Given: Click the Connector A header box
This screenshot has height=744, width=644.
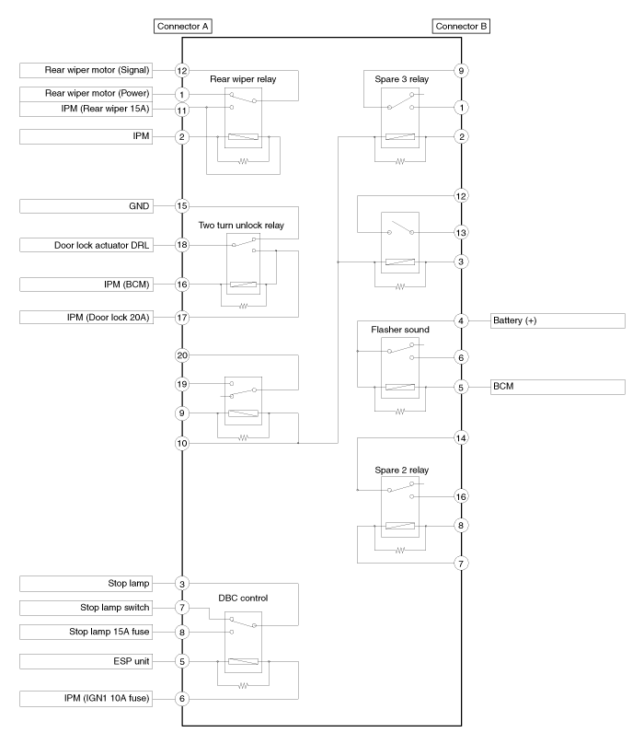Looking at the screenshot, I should point(183,26).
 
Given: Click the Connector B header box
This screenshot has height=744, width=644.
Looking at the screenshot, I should point(461,26).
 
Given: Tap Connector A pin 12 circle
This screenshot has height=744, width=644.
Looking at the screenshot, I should point(182,70).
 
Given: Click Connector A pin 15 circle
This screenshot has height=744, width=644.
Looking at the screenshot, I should point(182,206).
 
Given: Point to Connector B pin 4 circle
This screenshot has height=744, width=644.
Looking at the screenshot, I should point(461,320).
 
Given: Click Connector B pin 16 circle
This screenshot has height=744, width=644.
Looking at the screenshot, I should point(461,495).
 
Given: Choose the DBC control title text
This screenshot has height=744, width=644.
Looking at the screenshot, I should point(243,596).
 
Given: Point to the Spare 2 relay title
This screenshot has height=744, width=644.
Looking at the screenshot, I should point(400,470).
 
